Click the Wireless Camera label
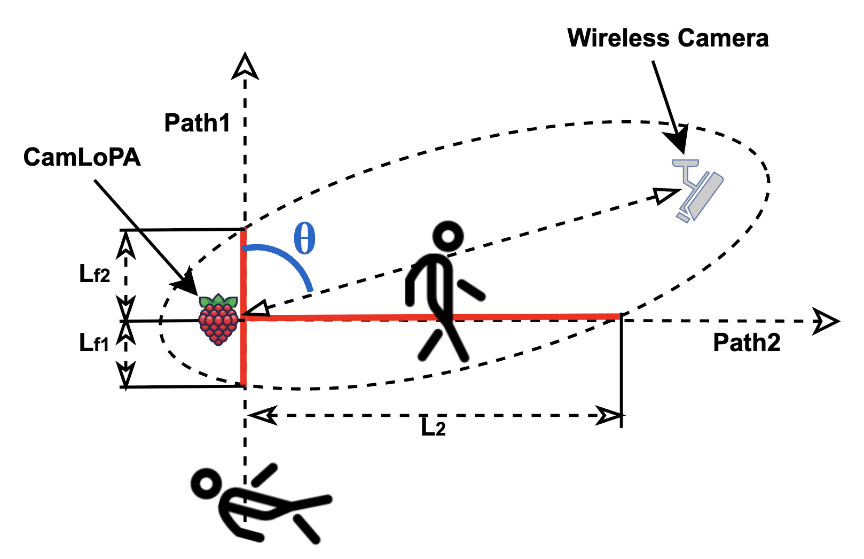(x=667, y=38)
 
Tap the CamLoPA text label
(x=82, y=158)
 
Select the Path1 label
(x=197, y=123)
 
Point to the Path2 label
(x=747, y=343)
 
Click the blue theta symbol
(x=304, y=239)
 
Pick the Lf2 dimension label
(x=95, y=274)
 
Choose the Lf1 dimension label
(x=94, y=343)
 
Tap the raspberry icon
(x=218, y=320)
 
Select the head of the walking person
(x=447, y=236)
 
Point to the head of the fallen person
(x=206, y=484)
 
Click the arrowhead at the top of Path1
(x=245, y=67)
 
